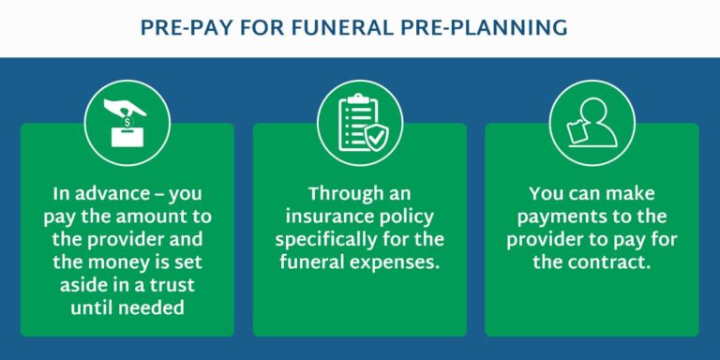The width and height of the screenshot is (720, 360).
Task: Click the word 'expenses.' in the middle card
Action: click(394, 260)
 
